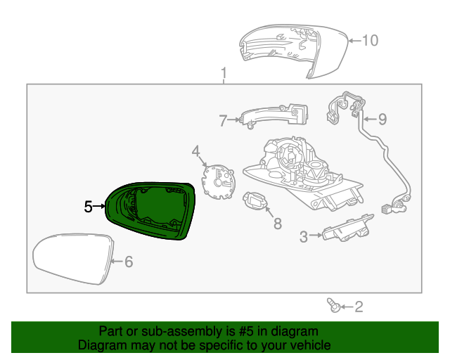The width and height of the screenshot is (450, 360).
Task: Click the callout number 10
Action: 370,40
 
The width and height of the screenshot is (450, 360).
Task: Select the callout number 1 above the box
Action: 224,73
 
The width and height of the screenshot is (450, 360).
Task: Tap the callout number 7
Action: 223,121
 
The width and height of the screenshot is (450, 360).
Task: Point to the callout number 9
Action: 382,119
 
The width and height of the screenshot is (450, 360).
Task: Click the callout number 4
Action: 196,150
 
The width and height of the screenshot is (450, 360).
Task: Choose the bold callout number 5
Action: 88,207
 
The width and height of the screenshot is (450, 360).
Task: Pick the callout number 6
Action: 128,262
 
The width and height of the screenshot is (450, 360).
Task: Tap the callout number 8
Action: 277,224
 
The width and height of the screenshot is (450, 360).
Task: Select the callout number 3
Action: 304,237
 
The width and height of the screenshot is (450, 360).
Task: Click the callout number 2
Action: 359,307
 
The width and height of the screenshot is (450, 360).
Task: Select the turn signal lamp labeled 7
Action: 274,115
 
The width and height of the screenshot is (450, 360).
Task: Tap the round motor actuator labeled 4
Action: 218,180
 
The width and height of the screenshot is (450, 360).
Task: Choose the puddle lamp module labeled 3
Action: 345,229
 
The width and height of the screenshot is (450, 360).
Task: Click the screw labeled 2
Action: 334,304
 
